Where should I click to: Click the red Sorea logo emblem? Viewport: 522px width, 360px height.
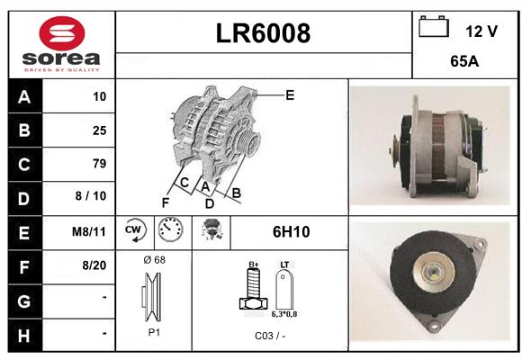62,33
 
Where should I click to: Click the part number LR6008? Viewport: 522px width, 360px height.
263,33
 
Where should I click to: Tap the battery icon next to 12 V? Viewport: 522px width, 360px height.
434,26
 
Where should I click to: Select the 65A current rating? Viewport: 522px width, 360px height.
464,61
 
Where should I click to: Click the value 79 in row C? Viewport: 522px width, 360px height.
100,164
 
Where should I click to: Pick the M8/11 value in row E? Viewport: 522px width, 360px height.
89,231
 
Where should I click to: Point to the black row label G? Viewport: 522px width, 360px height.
24,301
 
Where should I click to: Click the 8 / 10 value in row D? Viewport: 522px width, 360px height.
91,196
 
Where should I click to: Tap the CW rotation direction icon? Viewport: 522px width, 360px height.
135,230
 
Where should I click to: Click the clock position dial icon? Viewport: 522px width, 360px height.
170,229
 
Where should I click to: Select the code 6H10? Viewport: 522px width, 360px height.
292,232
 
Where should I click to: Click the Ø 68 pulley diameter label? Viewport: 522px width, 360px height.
154,260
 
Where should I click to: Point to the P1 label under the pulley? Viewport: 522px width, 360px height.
154,332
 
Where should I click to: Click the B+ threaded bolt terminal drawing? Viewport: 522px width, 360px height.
253,288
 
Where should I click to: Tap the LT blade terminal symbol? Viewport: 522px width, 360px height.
284,289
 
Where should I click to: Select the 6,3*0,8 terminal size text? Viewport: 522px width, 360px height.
284,314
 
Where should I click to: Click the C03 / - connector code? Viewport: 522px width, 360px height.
270,336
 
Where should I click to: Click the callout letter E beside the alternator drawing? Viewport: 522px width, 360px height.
290,95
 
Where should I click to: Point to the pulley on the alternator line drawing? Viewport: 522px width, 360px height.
249,142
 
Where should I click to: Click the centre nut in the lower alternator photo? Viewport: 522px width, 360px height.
433,273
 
